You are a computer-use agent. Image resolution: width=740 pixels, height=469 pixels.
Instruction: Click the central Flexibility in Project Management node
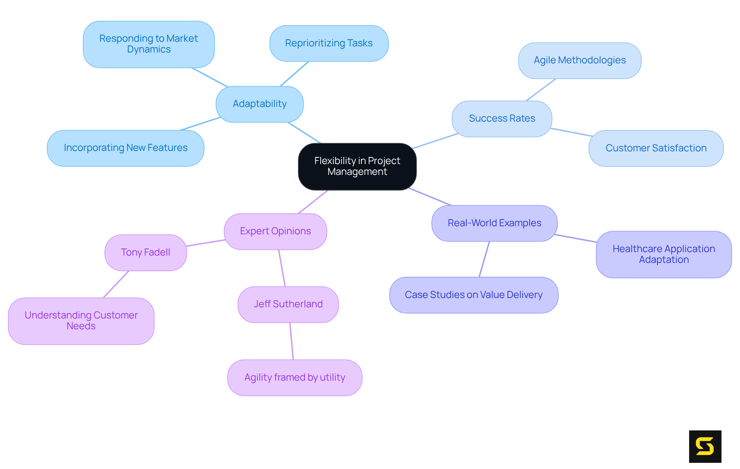pyautogui.click(x=357, y=166)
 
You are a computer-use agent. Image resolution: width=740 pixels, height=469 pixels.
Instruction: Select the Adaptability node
pyautogui.click(x=259, y=104)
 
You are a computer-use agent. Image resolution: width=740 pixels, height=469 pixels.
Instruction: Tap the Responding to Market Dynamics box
pyautogui.click(x=148, y=44)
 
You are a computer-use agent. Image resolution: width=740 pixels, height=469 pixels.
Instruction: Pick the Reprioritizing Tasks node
pyautogui.click(x=329, y=43)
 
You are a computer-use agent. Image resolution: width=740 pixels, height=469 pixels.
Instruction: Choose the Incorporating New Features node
pyautogui.click(x=125, y=148)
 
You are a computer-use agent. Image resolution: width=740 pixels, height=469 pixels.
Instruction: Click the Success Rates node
pyautogui.click(x=501, y=119)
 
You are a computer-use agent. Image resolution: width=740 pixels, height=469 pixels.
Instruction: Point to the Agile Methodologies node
pyautogui.click(x=579, y=61)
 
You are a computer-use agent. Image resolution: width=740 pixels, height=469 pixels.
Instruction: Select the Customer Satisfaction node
pyautogui.click(x=656, y=148)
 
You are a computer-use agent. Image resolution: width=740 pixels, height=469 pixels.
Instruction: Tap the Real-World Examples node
pyautogui.click(x=494, y=223)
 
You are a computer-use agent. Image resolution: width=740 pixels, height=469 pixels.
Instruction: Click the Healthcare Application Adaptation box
pyautogui.click(x=663, y=254)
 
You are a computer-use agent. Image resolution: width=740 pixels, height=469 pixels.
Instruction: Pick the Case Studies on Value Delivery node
pyautogui.click(x=473, y=295)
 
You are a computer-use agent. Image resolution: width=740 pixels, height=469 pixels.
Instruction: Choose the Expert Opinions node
pyautogui.click(x=275, y=231)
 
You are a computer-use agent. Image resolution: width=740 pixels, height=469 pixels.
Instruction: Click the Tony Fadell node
pyautogui.click(x=145, y=252)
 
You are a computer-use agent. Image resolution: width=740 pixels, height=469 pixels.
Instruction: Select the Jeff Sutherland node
pyautogui.click(x=288, y=304)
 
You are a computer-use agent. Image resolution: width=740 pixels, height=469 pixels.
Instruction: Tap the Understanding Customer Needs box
pyautogui.click(x=81, y=321)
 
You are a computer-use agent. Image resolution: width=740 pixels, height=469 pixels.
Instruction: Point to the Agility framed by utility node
pyautogui.click(x=294, y=378)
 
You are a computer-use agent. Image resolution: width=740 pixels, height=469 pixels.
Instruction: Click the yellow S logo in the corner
pyautogui.click(x=705, y=446)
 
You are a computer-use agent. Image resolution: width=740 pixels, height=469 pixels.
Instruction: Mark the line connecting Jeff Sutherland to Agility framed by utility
pyautogui.click(x=292, y=341)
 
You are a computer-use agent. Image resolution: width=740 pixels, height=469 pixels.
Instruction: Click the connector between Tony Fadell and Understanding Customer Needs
pyautogui.click(x=116, y=284)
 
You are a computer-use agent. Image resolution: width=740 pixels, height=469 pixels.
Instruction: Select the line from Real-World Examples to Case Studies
pyautogui.click(x=484, y=259)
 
